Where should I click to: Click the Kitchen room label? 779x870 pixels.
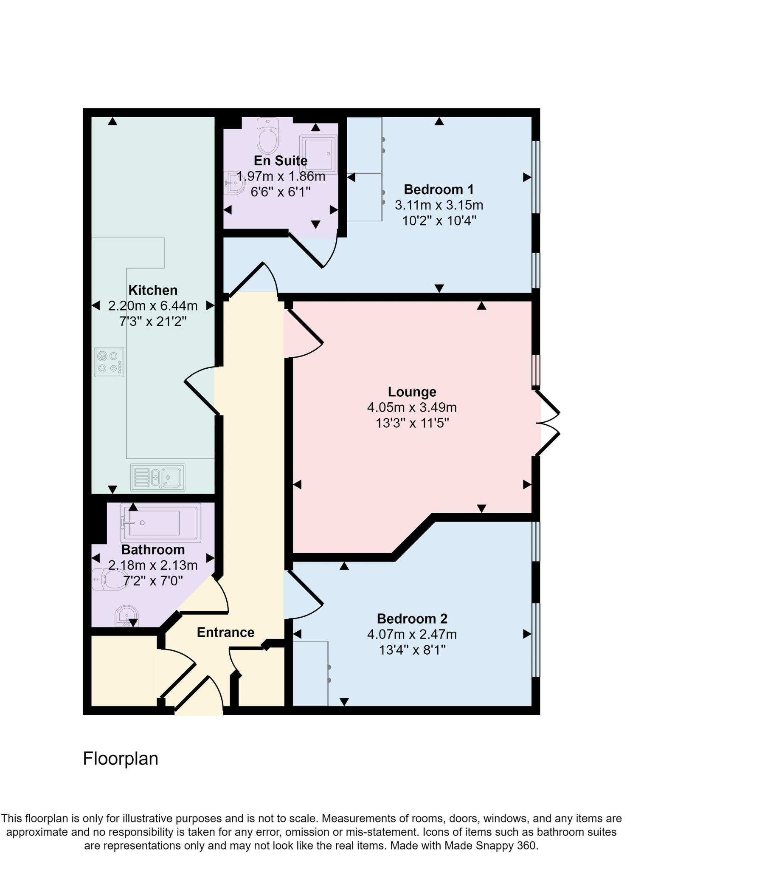tap(153, 291)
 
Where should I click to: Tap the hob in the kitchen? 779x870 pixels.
tap(109, 362)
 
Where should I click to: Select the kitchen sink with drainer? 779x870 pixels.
tap(157, 477)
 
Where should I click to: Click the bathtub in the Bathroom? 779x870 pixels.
tap(161, 523)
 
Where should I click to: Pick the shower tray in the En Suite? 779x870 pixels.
tap(318, 155)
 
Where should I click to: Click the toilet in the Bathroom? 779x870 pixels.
tap(110, 579)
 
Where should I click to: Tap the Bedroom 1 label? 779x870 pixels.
tap(439, 189)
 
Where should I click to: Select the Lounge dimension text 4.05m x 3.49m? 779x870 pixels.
tap(412, 407)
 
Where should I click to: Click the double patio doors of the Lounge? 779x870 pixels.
tap(548, 423)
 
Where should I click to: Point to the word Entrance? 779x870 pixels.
tap(225, 632)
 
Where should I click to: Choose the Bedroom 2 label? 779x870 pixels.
tap(412, 619)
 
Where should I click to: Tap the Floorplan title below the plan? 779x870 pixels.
tap(120, 759)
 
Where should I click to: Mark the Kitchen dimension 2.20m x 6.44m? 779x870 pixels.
tap(153, 306)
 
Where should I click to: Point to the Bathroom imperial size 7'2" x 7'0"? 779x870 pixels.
tap(153, 581)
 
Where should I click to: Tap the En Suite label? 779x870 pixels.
tap(281, 161)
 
